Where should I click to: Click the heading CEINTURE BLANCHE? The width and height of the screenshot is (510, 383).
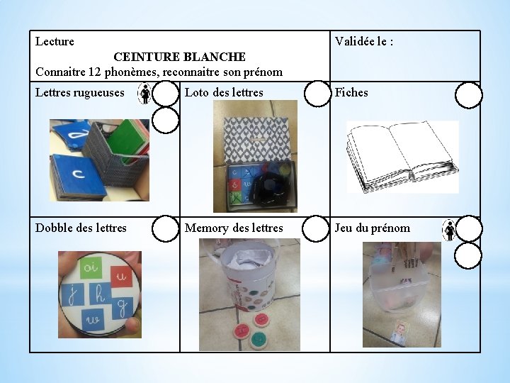tap(179, 57)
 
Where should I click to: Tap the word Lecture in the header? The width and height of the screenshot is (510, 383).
tap(55, 41)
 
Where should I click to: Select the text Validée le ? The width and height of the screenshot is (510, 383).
tap(364, 41)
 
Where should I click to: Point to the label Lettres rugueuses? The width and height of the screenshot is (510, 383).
tap(79, 93)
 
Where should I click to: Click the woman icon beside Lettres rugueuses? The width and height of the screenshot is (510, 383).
tap(144, 94)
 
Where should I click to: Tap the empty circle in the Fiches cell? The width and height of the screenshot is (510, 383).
tap(468, 95)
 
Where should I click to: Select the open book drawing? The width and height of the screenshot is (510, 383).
tap(402, 157)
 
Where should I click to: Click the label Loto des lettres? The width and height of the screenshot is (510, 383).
tap(224, 92)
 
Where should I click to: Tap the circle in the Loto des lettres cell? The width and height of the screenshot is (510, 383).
tap(317, 94)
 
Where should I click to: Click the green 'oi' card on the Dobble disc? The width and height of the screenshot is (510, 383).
tap(91, 267)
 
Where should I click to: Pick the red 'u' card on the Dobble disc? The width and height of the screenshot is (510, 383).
tap(122, 277)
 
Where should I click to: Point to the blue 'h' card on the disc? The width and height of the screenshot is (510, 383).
tap(101, 294)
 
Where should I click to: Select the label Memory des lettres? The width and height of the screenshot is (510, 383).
tap(234, 228)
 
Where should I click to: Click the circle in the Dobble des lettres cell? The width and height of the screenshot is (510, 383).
tap(165, 228)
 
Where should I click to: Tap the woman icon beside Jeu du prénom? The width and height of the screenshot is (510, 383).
tap(450, 230)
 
